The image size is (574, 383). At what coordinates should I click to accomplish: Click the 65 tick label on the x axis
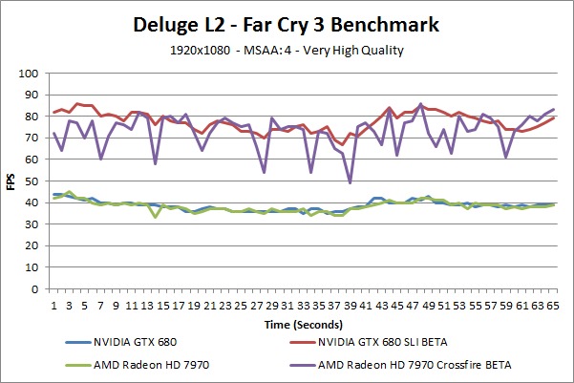coord(553,303)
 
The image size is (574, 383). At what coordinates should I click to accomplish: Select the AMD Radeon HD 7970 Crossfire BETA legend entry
coord(423,363)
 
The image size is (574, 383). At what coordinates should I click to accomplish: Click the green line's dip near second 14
coord(155,217)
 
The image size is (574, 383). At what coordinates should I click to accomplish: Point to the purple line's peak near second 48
coord(420,104)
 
